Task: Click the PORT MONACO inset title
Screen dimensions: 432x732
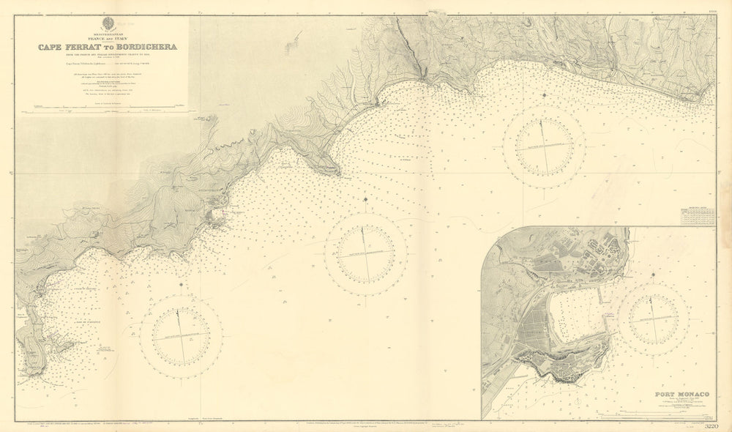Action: pos(674,394)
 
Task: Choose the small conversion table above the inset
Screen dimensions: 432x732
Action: pos(697,214)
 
